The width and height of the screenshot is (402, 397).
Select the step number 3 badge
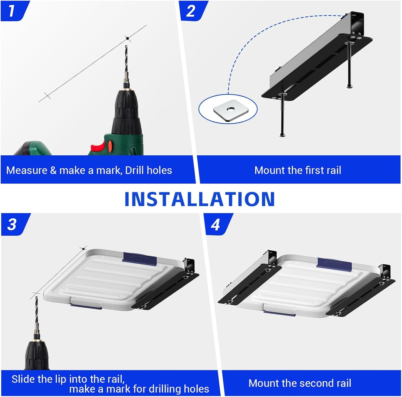[x=12, y=224]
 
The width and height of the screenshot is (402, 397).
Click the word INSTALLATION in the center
[x=199, y=199]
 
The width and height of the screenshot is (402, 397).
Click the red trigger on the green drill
[x=98, y=147]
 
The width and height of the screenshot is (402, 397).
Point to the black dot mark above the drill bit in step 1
[x=127, y=38]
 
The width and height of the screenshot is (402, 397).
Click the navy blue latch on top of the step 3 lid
[x=140, y=259]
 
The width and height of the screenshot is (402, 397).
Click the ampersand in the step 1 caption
[x=53, y=170]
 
